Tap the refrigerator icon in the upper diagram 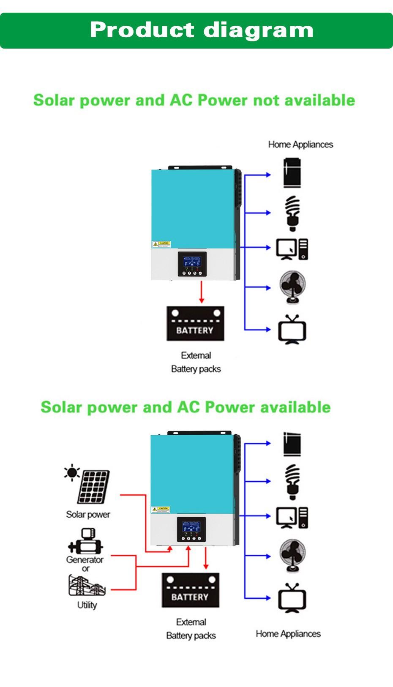coord(292,173)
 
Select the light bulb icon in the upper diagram coord(292,213)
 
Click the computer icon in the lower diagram coord(292,518)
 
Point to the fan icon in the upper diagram coord(292,287)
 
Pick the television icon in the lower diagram coord(292,598)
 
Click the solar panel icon coord(93,486)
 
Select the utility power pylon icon coord(87,585)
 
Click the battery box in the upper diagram coord(195,324)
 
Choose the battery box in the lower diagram coord(191,590)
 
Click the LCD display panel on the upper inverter coord(192,262)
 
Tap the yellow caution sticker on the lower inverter coord(161,510)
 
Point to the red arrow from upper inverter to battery coord(202,292)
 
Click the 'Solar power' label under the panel coord(88,515)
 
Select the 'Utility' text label coord(87,605)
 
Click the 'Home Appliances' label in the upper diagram coord(300,144)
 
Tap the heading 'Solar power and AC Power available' coord(186,407)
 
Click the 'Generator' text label coord(85,560)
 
